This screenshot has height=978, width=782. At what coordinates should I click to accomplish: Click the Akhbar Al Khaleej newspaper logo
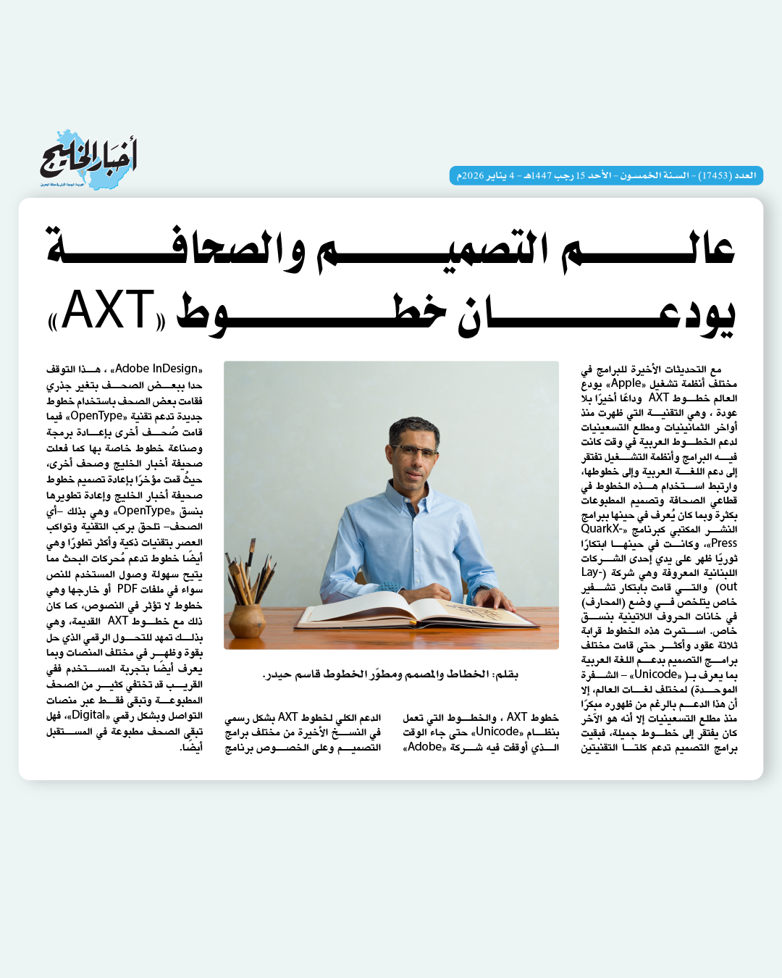(88, 159)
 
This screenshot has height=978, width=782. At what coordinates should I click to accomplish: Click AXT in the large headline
(108, 312)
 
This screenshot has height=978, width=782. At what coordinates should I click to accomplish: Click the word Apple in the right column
(626, 383)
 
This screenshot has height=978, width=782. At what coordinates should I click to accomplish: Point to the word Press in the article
(723, 543)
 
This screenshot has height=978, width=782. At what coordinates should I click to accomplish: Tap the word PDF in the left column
(127, 589)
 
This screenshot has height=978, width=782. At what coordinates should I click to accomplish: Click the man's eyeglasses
(413, 451)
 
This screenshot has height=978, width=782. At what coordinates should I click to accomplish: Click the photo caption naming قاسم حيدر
(390, 674)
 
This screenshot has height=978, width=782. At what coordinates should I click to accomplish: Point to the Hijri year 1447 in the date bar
(542, 176)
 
